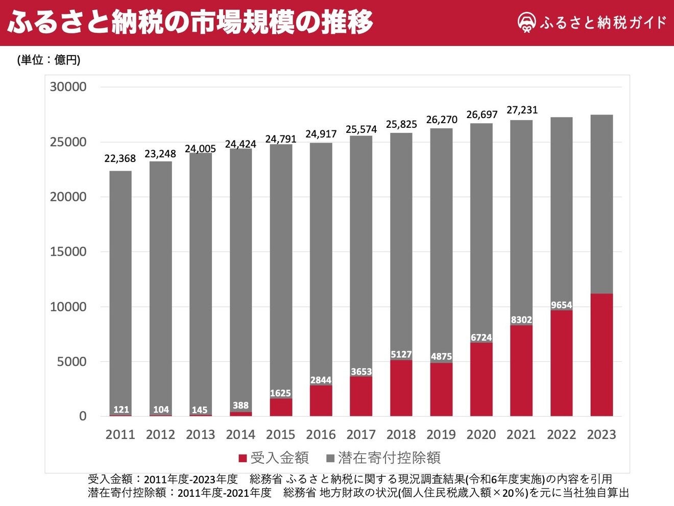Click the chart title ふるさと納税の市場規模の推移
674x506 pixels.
point(190,22)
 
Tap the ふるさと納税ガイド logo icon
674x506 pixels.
point(526,22)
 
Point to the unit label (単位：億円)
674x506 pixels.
point(49,60)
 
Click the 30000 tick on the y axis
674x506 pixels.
point(68,87)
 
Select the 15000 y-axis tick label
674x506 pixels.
point(68,251)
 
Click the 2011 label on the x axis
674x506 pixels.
point(120,434)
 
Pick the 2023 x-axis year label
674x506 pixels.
point(601,434)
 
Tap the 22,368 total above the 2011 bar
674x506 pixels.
point(120,158)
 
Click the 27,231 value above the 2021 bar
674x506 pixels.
point(522,110)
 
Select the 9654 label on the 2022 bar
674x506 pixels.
point(561,305)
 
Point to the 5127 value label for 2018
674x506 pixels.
point(401,354)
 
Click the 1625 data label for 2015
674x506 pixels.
point(280,393)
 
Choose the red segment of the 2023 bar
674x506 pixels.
point(601,355)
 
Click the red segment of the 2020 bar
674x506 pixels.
point(481,379)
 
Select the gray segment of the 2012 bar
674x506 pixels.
point(160,286)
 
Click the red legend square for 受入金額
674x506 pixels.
point(243,458)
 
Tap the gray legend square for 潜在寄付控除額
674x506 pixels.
point(330,458)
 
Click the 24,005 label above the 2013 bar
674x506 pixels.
point(200,149)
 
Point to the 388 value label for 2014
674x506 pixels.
point(240,405)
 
